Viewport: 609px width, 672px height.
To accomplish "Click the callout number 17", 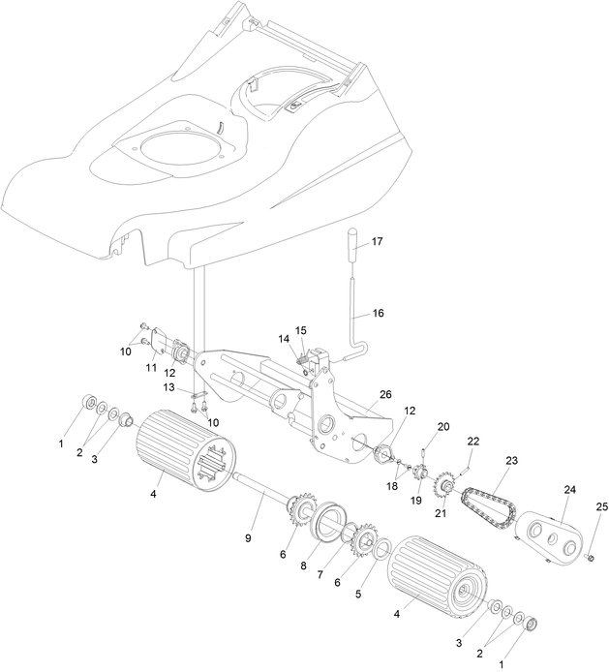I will coord(377,241).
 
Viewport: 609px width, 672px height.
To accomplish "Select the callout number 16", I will coord(378,314).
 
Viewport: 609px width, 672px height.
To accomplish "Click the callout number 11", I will coord(150,369).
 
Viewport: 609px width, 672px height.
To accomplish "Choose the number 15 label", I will coord(300,330).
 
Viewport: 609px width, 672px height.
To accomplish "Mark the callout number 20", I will coord(443,427).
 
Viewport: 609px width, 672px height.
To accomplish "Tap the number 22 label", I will coord(472,442).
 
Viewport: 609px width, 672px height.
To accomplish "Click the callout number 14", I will coord(284,339).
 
